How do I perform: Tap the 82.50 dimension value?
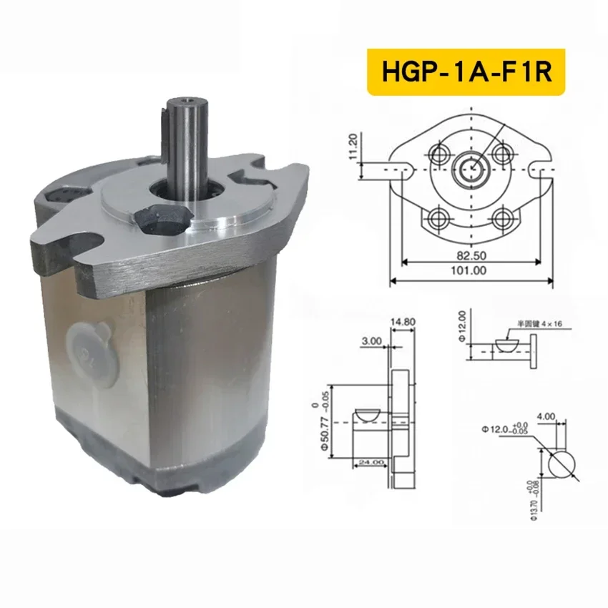click(x=471, y=255)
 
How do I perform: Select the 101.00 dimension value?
click(x=471, y=271)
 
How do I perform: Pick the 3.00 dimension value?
click(x=372, y=342)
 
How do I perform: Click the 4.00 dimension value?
click(x=546, y=415)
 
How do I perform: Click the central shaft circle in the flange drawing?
click(x=471, y=168)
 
